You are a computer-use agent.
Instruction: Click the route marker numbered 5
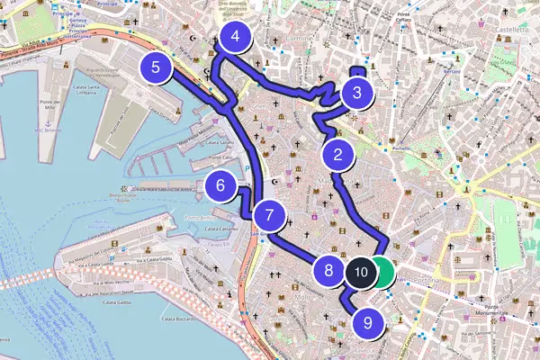point(157,67)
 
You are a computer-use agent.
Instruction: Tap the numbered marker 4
point(235,38)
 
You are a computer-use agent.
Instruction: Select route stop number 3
point(357,92)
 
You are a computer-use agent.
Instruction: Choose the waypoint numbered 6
point(219,188)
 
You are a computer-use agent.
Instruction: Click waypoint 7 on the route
point(269,216)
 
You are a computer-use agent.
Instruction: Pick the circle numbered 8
point(328,268)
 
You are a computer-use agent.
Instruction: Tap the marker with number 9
point(368,321)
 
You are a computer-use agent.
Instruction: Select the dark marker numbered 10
point(360,271)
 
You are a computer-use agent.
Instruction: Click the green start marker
point(383,271)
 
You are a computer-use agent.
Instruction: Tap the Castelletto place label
point(509,30)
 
